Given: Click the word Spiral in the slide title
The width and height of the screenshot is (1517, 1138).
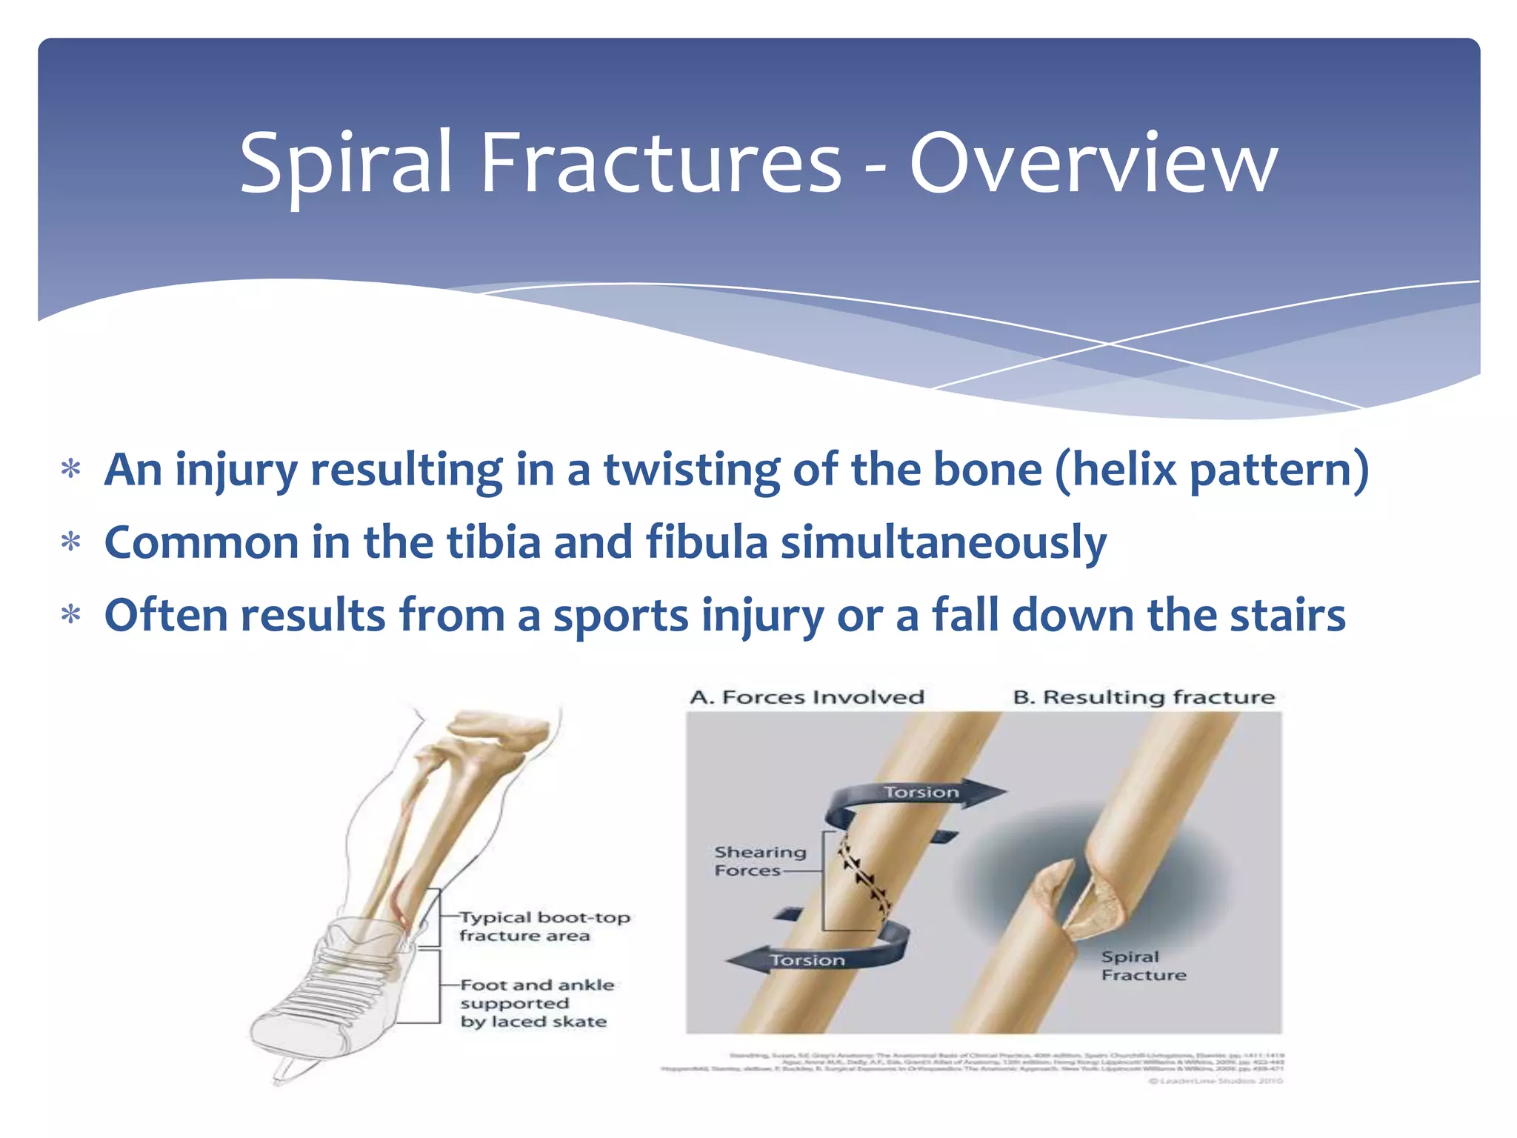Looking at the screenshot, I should tap(345, 163).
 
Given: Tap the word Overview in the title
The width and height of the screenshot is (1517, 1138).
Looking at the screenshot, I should tap(1093, 163).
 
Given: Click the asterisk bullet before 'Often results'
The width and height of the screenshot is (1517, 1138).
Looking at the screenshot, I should tap(70, 616).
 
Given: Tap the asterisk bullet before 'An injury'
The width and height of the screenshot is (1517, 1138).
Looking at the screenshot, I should tap(70, 470).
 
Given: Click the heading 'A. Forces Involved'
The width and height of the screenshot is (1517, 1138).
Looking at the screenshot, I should tap(807, 697).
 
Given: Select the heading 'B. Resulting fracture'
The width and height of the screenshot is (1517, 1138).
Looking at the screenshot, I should tap(1143, 697).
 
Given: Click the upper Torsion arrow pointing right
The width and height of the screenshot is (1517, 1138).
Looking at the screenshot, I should tap(922, 793).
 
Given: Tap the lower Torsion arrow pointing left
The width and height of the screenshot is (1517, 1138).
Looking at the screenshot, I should tap(807, 960).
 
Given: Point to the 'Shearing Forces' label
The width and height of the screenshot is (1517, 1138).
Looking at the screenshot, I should tap(758, 861).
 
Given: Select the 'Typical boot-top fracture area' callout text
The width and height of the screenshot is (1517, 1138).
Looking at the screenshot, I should tap(543, 926).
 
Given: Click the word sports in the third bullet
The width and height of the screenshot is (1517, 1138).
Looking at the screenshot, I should tap(621, 615).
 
